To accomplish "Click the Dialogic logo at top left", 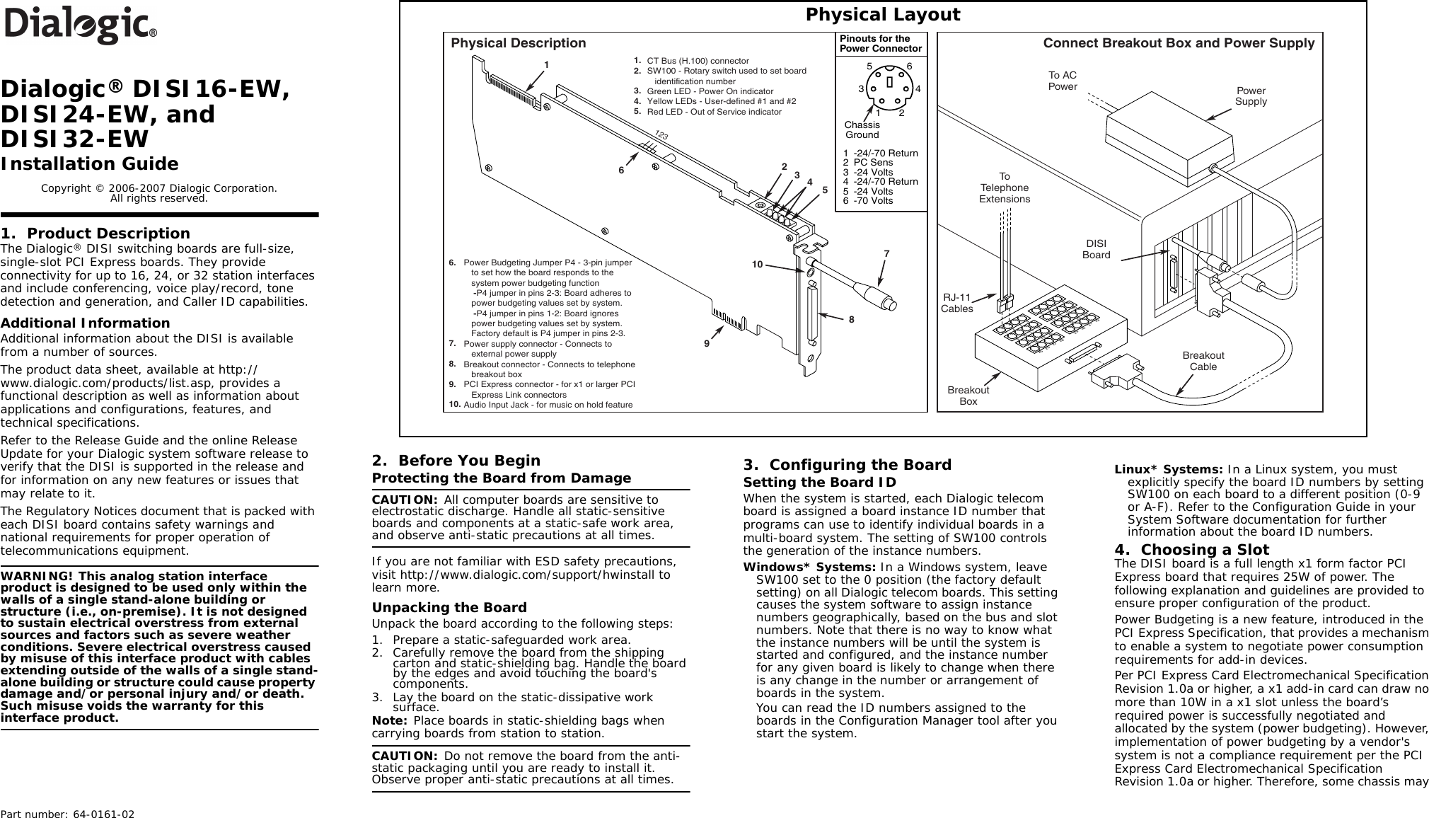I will (80, 25).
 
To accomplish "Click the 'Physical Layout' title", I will (883, 15).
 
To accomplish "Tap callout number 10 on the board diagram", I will (757, 264).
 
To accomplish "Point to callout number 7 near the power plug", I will (886, 253).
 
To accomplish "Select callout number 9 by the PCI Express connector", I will (706, 343).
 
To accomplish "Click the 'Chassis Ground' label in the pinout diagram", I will (862, 129).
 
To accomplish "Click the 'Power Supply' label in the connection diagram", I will (1251, 96).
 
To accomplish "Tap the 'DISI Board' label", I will (1096, 249).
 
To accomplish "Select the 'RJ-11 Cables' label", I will (956, 303).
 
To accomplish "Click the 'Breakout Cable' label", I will (1203, 360).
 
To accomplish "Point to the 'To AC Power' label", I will (1062, 81).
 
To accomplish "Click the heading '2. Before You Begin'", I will (456, 461).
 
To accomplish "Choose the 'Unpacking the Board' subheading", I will (449, 607).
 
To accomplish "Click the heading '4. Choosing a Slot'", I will (1191, 550).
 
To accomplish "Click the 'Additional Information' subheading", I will (85, 323).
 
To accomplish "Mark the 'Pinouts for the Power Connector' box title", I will (881, 44).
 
